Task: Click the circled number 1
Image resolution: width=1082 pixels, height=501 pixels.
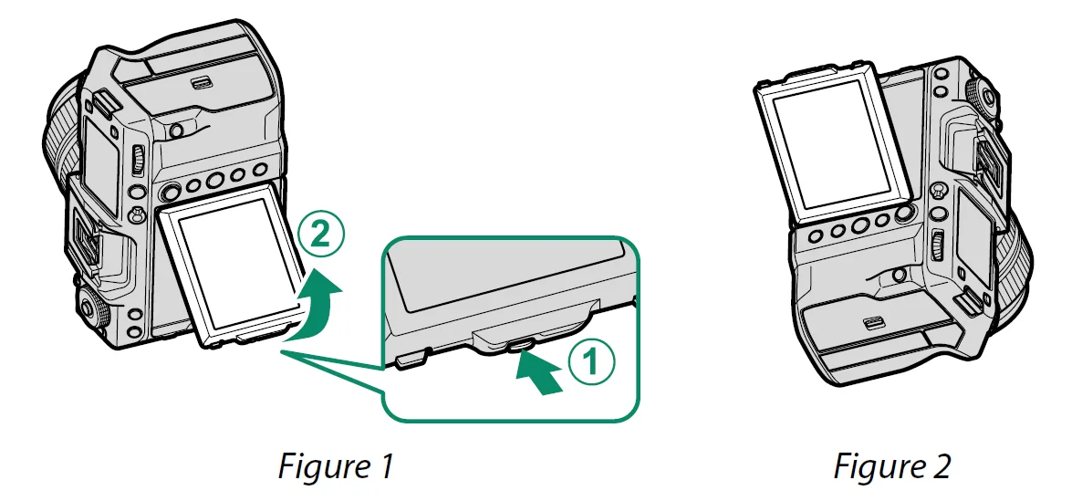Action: coord(590,363)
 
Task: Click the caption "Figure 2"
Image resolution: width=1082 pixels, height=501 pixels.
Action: coord(892,466)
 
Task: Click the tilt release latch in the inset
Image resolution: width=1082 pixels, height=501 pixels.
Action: coord(521,344)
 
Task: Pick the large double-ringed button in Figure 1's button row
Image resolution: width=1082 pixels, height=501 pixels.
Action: coord(169,193)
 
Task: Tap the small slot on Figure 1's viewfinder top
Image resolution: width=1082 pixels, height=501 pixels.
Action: coord(198,83)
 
